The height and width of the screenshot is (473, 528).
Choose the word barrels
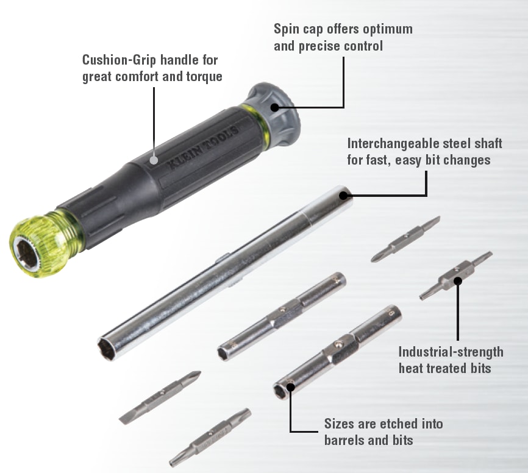coord(346,440)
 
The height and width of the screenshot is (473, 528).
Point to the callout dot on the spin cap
coord(276,107)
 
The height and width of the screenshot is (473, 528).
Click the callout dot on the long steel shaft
coord(343,196)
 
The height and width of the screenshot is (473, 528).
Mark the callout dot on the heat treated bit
coord(457,282)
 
